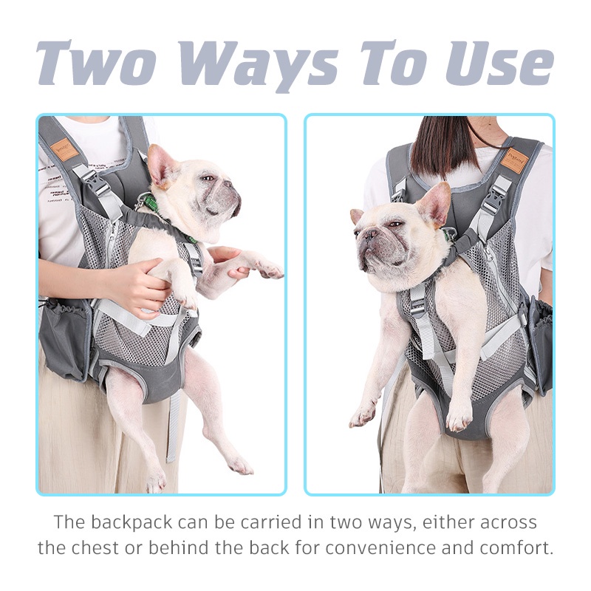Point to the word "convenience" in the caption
click(378, 547)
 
